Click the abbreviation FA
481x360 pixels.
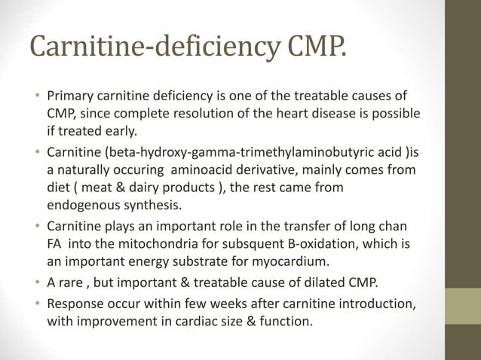point(56,243)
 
